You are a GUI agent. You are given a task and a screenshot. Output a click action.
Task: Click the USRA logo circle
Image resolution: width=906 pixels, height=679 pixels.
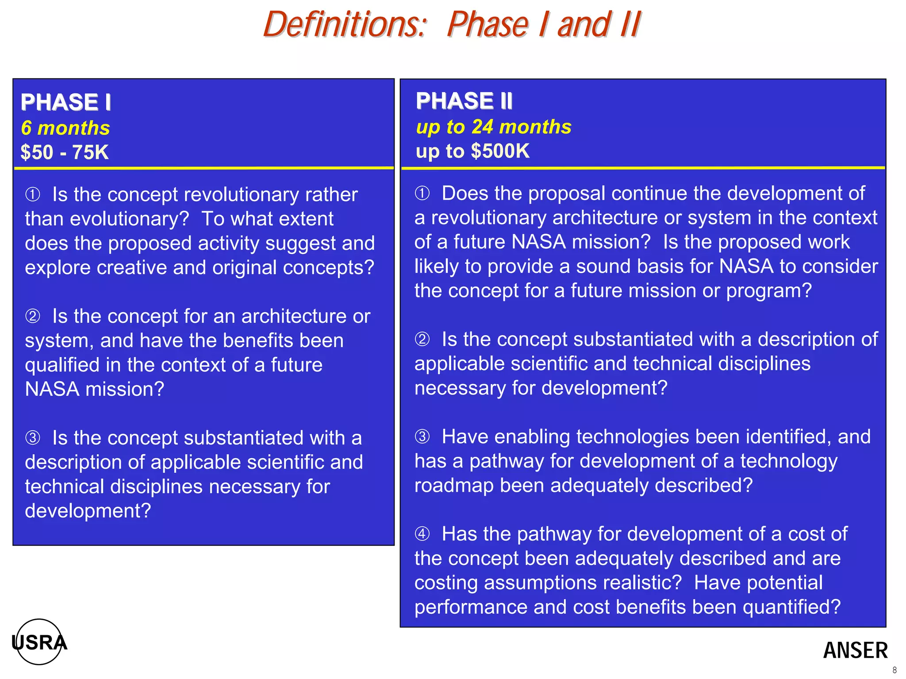(39, 642)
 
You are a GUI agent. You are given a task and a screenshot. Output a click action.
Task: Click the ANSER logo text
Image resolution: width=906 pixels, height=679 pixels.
(855, 651)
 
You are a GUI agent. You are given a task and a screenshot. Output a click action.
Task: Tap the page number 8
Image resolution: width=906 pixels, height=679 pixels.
(894, 670)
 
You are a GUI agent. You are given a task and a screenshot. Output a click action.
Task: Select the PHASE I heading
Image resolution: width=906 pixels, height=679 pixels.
(65, 102)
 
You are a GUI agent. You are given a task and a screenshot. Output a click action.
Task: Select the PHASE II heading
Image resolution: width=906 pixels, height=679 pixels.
(464, 101)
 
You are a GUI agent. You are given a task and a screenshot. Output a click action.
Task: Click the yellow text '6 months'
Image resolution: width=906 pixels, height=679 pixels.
(65, 128)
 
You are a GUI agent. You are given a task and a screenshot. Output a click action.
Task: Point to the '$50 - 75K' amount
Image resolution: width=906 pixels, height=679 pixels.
(65, 152)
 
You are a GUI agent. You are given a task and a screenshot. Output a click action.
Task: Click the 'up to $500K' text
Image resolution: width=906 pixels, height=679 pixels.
(472, 151)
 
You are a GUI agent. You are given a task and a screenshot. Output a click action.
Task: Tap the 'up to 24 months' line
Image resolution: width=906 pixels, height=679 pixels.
(494, 127)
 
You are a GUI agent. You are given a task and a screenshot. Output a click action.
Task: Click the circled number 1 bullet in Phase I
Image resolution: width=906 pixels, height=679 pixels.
(33, 194)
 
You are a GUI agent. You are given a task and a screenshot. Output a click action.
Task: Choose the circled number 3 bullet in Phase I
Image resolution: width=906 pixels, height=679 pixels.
(33, 438)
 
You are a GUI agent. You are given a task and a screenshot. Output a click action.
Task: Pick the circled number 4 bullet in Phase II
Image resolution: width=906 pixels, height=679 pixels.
(422, 534)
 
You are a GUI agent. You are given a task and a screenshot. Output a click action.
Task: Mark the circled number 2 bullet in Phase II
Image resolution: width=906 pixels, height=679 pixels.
(422, 339)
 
